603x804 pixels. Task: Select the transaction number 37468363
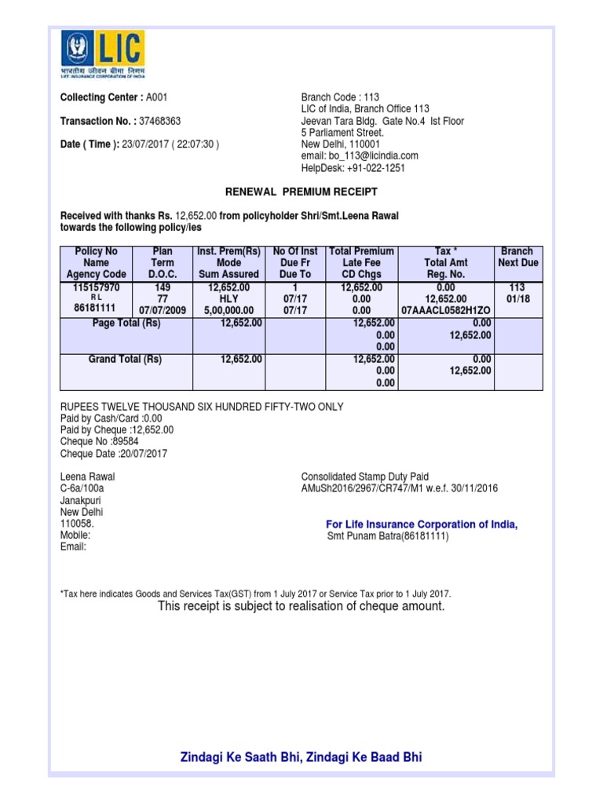(159, 122)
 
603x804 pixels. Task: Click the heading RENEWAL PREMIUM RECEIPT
(301, 192)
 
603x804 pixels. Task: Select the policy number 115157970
(95, 288)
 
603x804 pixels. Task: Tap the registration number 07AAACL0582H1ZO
(446, 310)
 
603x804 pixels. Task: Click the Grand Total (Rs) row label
(126, 360)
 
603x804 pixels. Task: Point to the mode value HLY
(228, 299)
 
